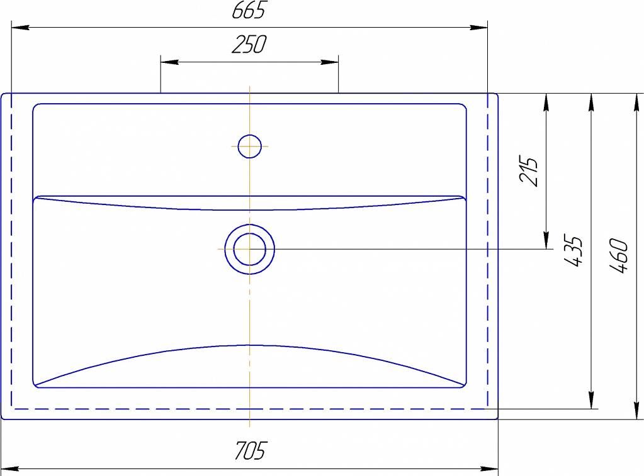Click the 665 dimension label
pyautogui.click(x=249, y=10)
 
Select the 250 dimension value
pyautogui.click(x=249, y=44)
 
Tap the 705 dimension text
pyautogui.click(x=251, y=451)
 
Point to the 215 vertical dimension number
pyautogui.click(x=528, y=170)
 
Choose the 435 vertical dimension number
pyautogui.click(x=572, y=251)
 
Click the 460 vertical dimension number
pyautogui.click(x=619, y=256)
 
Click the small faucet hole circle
pyautogui.click(x=249, y=146)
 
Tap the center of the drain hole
pyautogui.click(x=250, y=249)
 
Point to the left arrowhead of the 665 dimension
pyautogui.click(x=20, y=28)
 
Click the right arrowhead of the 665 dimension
pyautogui.click(x=478, y=28)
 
